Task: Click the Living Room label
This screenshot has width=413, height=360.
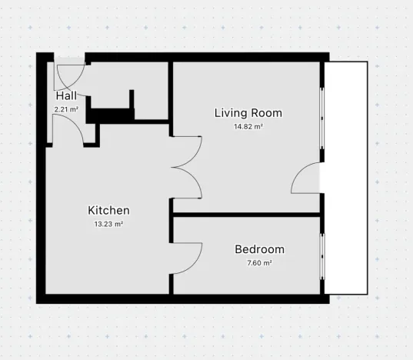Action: pos(248,113)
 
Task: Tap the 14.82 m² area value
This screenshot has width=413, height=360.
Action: pos(248,126)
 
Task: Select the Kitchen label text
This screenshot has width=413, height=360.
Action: pos(108,211)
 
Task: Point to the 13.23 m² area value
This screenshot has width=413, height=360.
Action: pos(108,224)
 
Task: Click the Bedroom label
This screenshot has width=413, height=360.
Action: pos(259,250)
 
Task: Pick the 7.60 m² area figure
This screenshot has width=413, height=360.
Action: pos(259,262)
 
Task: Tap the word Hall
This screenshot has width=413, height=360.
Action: pos(66,97)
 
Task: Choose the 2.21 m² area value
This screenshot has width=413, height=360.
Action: pos(66,109)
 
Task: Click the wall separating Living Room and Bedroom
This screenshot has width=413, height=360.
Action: pos(246,214)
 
